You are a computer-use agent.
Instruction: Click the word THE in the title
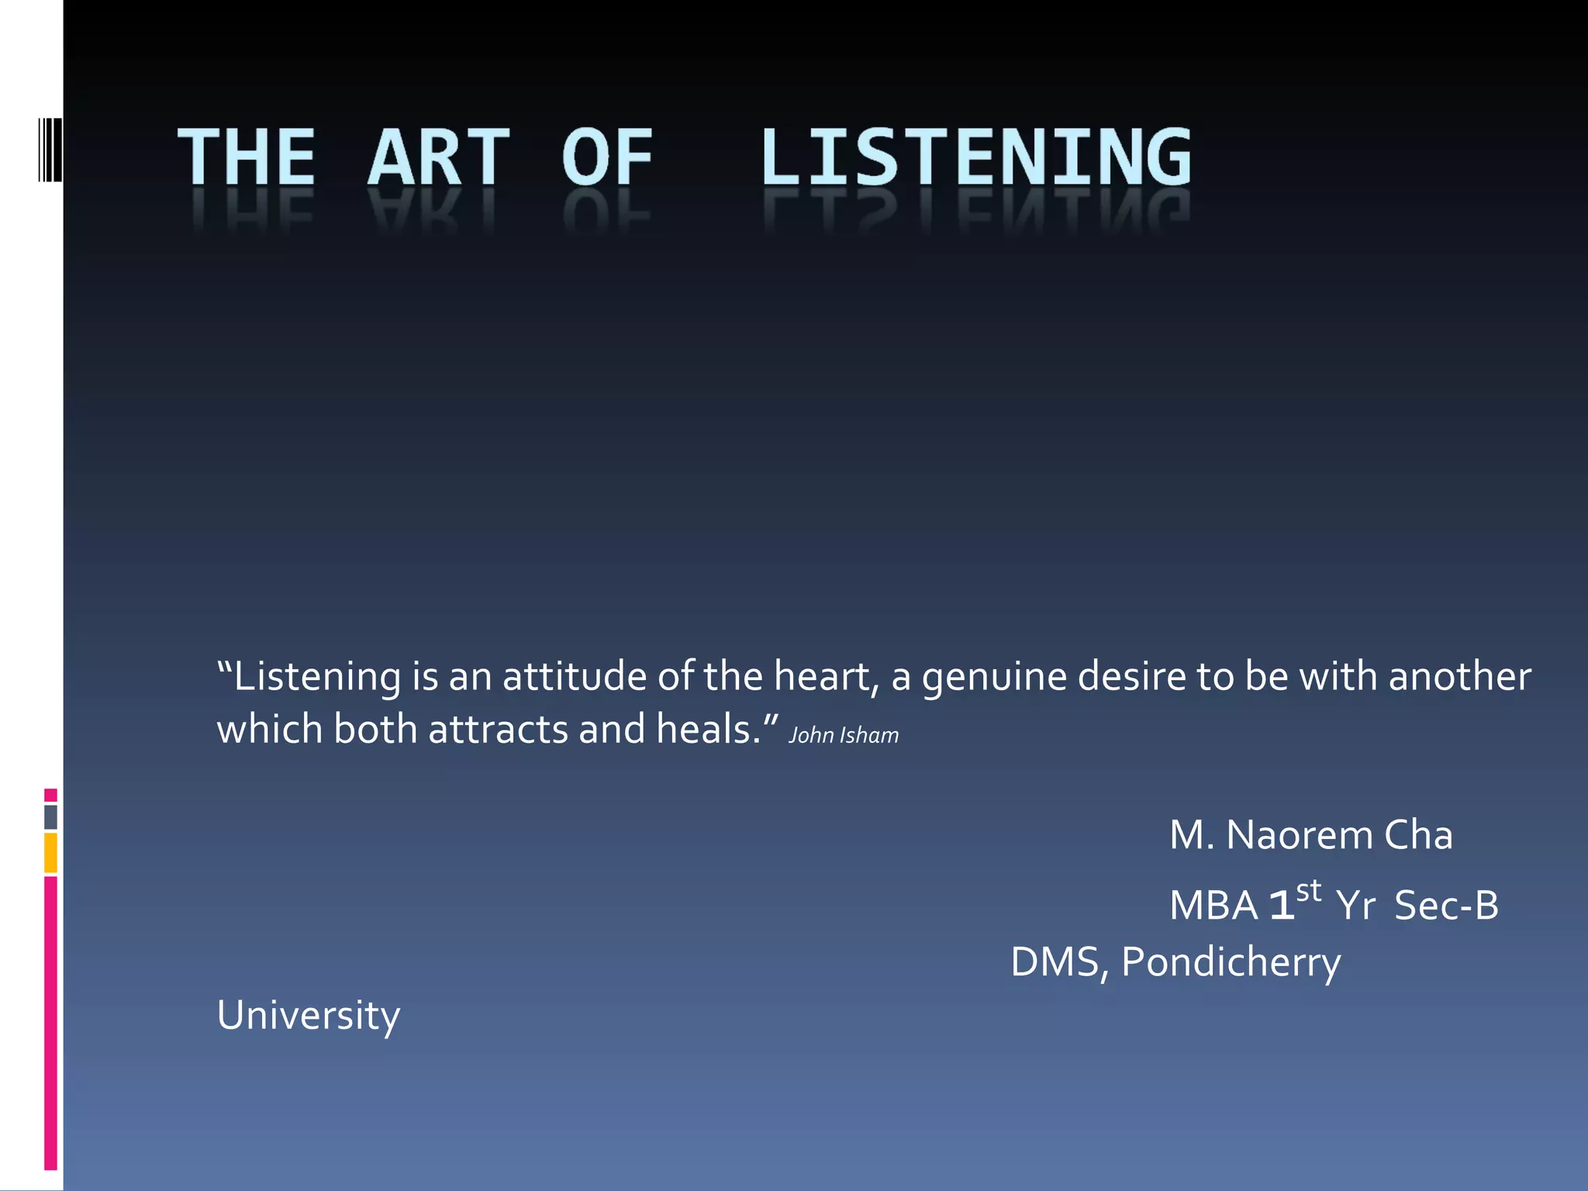[x=247, y=157]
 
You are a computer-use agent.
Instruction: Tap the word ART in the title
[x=439, y=157]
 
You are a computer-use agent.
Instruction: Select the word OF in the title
[x=607, y=157]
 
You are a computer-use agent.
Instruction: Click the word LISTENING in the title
[x=975, y=157]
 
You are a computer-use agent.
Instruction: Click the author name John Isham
[x=844, y=735]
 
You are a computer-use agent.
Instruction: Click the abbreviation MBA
[x=1213, y=906]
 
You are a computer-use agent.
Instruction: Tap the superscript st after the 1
[x=1309, y=891]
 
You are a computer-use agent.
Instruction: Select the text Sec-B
[x=1446, y=906]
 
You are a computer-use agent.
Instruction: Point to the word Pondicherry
[x=1231, y=963]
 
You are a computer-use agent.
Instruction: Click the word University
[x=309, y=1016]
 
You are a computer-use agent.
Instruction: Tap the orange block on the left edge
[x=50, y=853]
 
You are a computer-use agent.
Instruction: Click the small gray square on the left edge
[x=50, y=817]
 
